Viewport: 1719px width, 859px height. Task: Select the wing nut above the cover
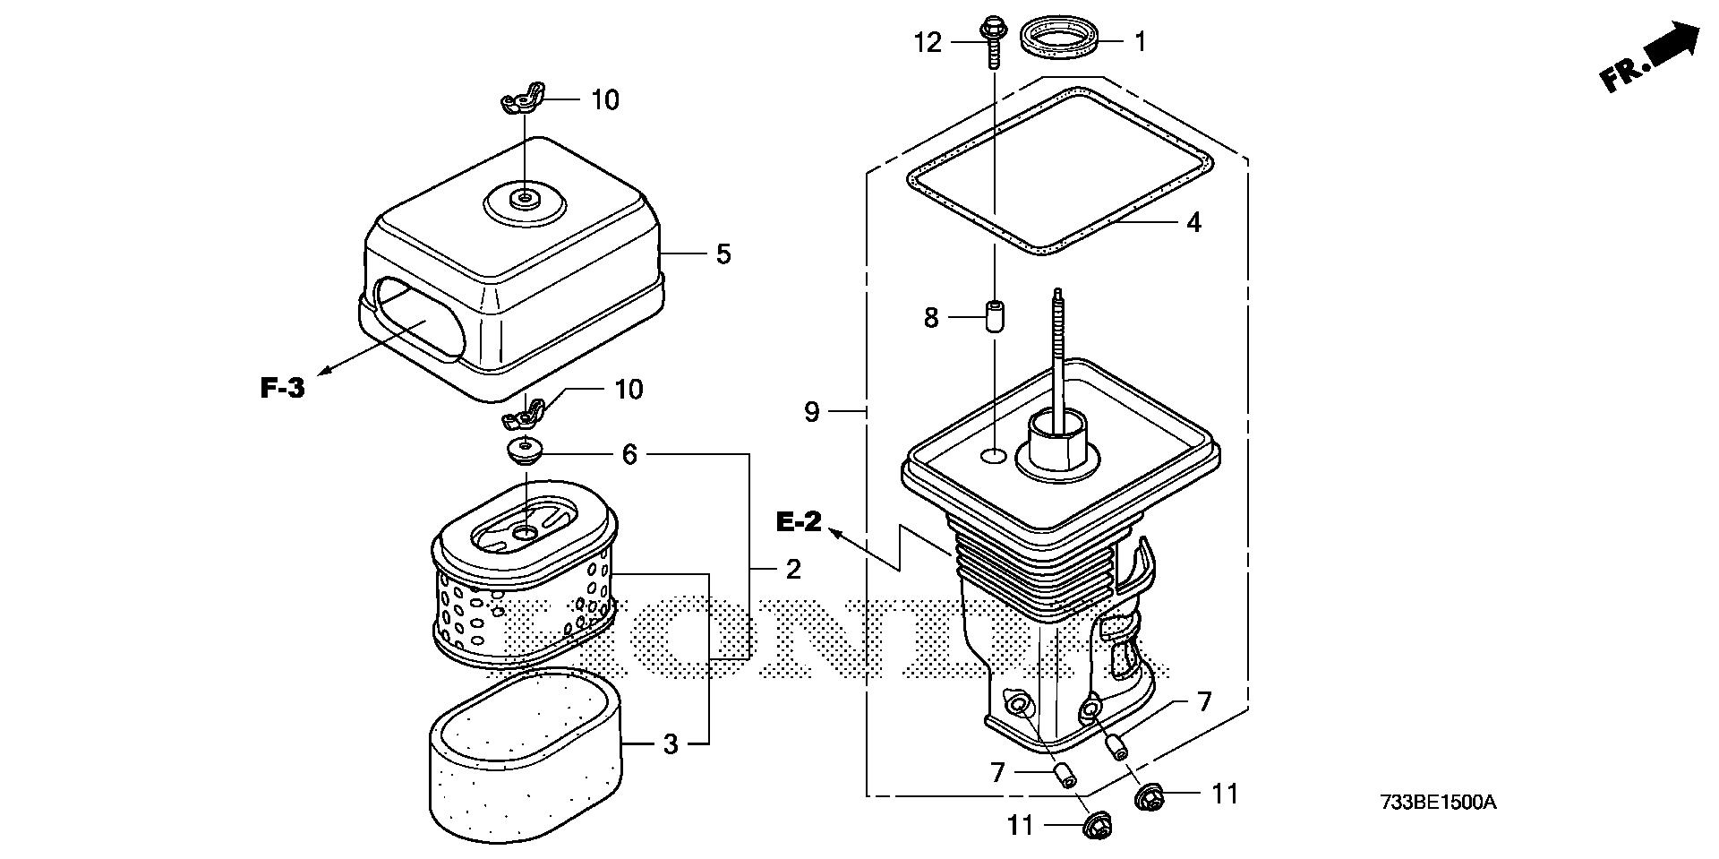pos(523,99)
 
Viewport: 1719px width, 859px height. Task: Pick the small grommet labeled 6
pos(525,451)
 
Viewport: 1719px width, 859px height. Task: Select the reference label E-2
pos(798,521)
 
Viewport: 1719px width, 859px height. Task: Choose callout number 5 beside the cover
pos(723,254)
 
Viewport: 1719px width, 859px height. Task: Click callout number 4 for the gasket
pos(1193,221)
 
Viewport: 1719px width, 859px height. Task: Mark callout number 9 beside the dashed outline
pos(811,412)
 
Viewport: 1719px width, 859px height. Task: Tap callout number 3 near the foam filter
pos(671,744)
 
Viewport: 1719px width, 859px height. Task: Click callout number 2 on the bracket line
pos(792,569)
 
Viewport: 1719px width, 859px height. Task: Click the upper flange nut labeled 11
pos(1148,795)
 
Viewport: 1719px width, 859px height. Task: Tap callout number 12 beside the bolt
pos(928,42)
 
